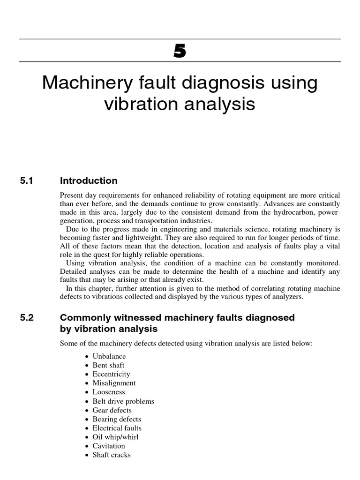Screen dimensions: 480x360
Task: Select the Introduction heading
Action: point(89,181)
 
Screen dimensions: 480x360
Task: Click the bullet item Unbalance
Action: point(109,356)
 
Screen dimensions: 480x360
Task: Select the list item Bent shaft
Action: point(108,365)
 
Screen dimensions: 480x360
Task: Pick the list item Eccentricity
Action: point(111,374)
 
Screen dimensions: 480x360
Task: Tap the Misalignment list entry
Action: point(114,383)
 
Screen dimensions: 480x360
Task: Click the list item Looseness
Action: point(109,392)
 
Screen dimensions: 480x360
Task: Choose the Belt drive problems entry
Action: point(123,401)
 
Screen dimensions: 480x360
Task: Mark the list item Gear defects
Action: point(112,410)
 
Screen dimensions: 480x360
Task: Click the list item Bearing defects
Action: point(117,419)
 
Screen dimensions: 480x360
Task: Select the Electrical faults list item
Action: point(117,428)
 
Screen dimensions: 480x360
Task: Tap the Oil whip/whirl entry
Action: point(115,437)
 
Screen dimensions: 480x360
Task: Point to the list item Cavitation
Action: point(109,446)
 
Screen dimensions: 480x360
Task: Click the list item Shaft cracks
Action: point(112,455)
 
